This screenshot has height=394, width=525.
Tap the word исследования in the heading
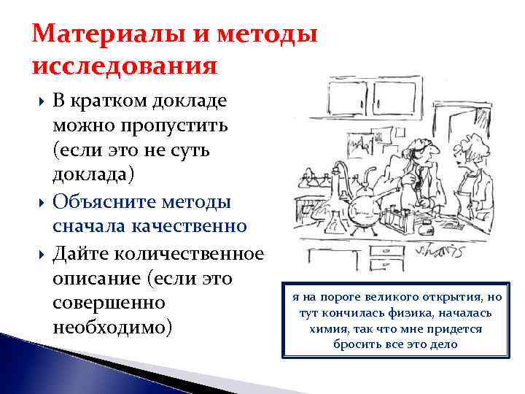coord(125,66)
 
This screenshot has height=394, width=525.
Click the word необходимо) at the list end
coord(113,326)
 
